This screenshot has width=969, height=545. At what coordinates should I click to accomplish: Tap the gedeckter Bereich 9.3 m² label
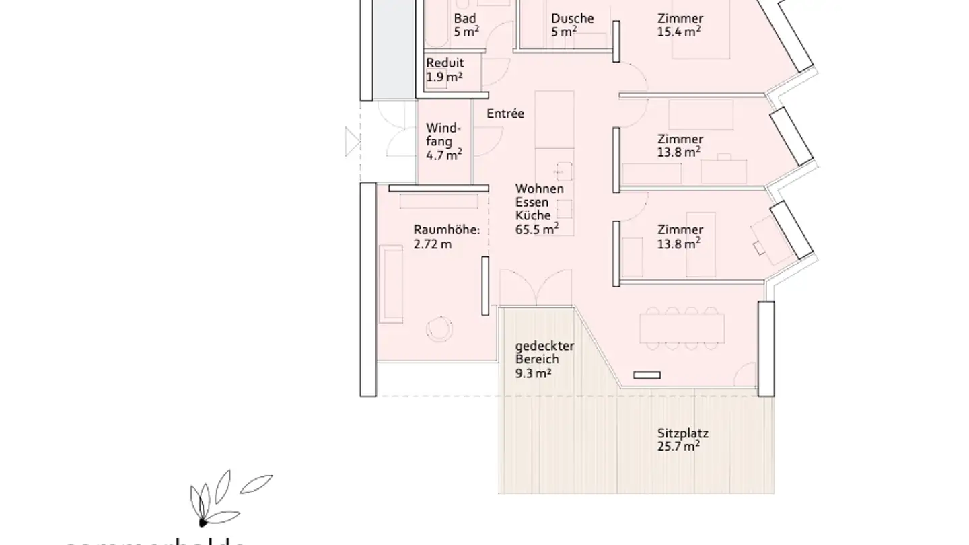(544, 359)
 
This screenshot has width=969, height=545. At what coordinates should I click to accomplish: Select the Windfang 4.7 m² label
(443, 142)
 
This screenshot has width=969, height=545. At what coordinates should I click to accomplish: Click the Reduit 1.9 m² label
(444, 70)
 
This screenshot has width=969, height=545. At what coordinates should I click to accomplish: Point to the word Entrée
(505, 114)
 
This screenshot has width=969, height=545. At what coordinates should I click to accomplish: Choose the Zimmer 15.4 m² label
(680, 25)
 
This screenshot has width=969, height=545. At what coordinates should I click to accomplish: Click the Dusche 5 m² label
(572, 25)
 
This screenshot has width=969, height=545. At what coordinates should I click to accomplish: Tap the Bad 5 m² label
(466, 25)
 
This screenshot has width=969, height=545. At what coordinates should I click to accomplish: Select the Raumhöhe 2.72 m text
(446, 237)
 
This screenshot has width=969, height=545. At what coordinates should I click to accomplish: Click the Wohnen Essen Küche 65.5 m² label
(538, 209)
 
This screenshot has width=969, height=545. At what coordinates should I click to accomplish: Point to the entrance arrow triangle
(351, 141)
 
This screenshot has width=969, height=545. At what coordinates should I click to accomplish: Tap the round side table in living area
(440, 328)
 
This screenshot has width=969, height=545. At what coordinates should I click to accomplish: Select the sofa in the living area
(390, 284)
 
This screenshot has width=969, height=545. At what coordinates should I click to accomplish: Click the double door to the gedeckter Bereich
(536, 288)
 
